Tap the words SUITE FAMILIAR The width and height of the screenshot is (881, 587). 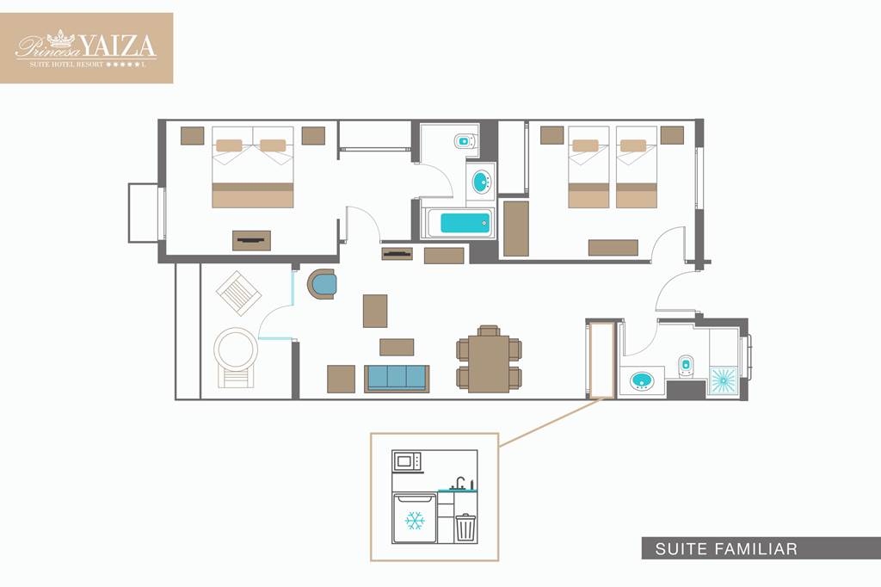726,548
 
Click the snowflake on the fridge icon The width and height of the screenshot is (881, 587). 415,521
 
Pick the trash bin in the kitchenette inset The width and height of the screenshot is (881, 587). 465,528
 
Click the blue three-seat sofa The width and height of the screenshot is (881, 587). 396,379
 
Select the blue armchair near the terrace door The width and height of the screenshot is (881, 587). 322,284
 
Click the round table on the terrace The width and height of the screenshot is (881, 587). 236,349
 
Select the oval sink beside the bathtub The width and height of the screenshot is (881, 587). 480,182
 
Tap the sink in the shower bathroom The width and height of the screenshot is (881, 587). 642,381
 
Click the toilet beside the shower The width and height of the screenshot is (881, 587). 686,364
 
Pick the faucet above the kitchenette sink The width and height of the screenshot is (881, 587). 459,482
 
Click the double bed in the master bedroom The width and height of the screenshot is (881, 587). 253,167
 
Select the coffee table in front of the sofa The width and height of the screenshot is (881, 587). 397,347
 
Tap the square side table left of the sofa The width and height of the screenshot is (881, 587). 341,379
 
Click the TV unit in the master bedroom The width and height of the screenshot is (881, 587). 251,241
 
